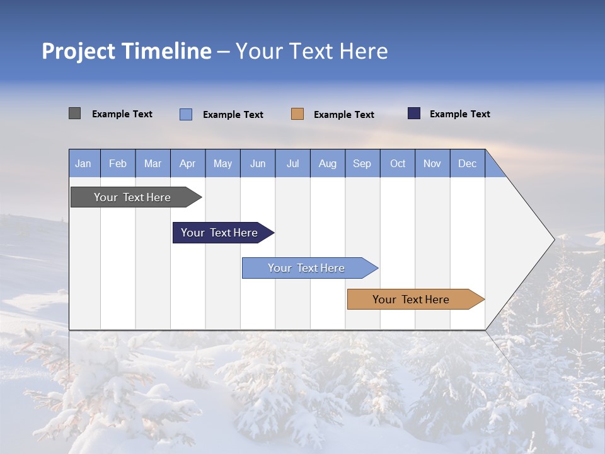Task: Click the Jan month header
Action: (x=84, y=163)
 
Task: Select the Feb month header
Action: (x=118, y=163)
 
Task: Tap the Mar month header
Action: (x=153, y=163)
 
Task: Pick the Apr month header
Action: (x=188, y=163)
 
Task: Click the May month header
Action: (x=222, y=163)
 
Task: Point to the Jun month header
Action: (x=258, y=163)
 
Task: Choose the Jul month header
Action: (x=292, y=163)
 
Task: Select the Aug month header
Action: (x=328, y=163)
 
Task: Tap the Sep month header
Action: (x=362, y=163)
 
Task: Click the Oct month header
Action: (x=398, y=163)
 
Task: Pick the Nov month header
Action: (x=432, y=163)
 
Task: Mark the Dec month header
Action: (x=468, y=163)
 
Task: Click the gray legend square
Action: (x=75, y=113)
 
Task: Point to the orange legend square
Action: (x=297, y=114)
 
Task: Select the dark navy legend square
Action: (x=414, y=113)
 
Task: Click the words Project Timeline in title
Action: (x=127, y=51)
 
